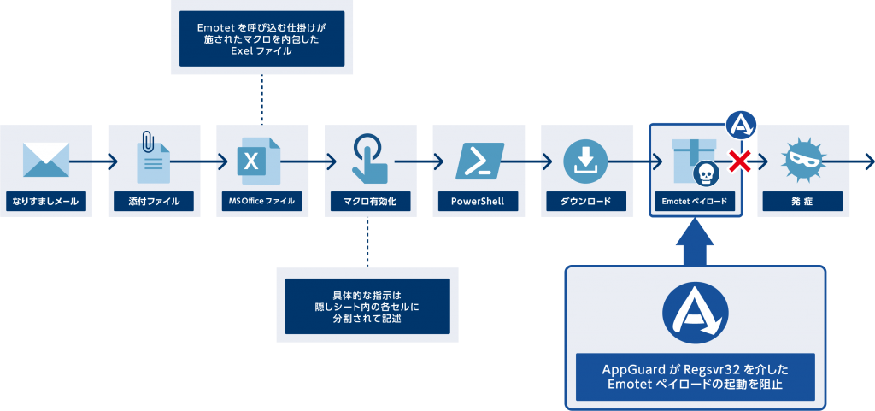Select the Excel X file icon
click(257, 160)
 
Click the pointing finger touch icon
click(370, 158)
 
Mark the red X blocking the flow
click(740, 160)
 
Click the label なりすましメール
click(45, 202)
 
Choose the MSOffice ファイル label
click(261, 202)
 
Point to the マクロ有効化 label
click(369, 202)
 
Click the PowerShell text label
click(478, 202)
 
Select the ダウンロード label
click(585, 202)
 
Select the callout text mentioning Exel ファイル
click(261, 39)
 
